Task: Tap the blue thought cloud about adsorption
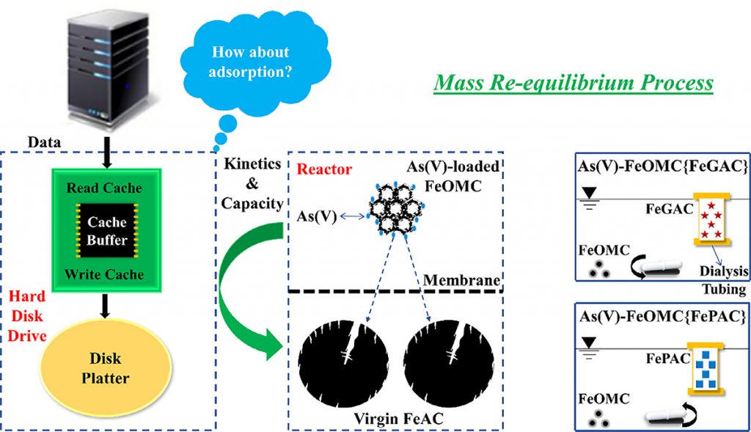coord(249,63)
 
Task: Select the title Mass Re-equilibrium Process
coord(573,82)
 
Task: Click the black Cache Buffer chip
coord(107,230)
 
